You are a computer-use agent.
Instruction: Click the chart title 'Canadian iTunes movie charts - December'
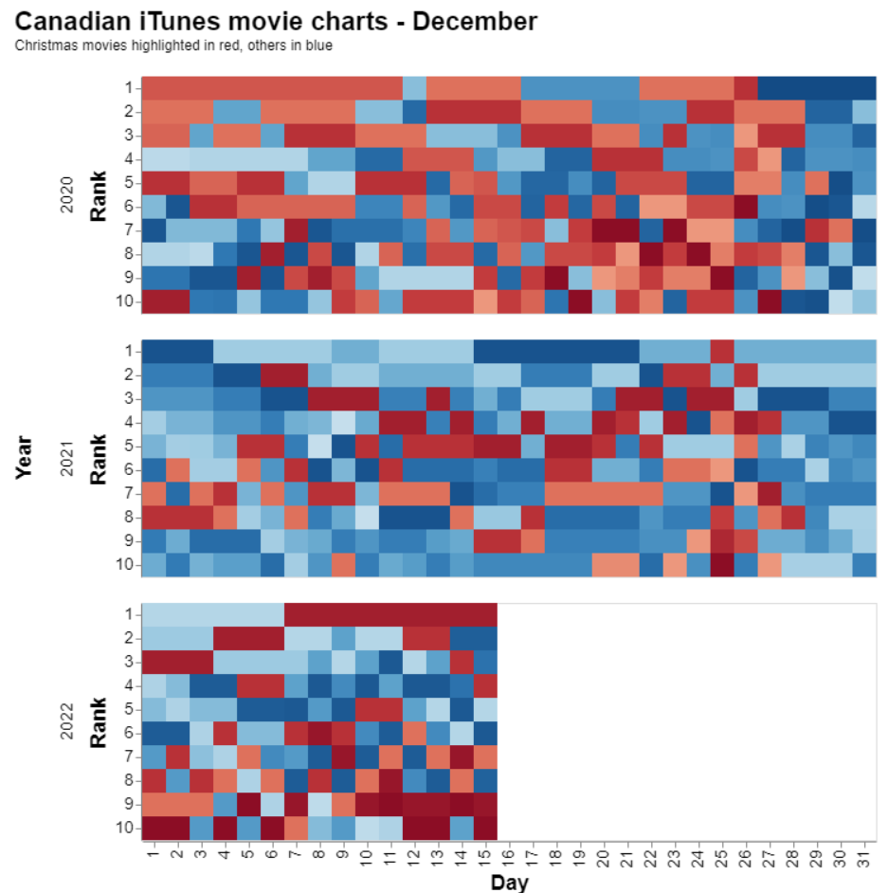tap(276, 20)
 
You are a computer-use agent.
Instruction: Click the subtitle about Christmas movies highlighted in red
tap(173, 45)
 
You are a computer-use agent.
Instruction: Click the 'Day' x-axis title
tap(509, 883)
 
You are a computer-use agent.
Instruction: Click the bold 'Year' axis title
tap(25, 457)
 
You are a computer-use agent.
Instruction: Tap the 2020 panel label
tap(67, 194)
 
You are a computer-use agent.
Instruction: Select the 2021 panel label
tap(67, 457)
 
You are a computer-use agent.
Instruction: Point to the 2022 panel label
tap(67, 720)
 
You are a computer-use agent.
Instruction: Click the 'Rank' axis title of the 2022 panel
tap(97, 720)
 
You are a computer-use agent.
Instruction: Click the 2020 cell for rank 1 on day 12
tap(414, 88)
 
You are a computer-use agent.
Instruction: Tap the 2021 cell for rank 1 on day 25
tap(722, 351)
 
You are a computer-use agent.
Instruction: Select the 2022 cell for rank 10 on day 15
tap(485, 828)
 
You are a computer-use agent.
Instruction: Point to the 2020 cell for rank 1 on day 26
tap(746, 88)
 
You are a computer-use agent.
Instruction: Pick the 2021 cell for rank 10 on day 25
tap(722, 565)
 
